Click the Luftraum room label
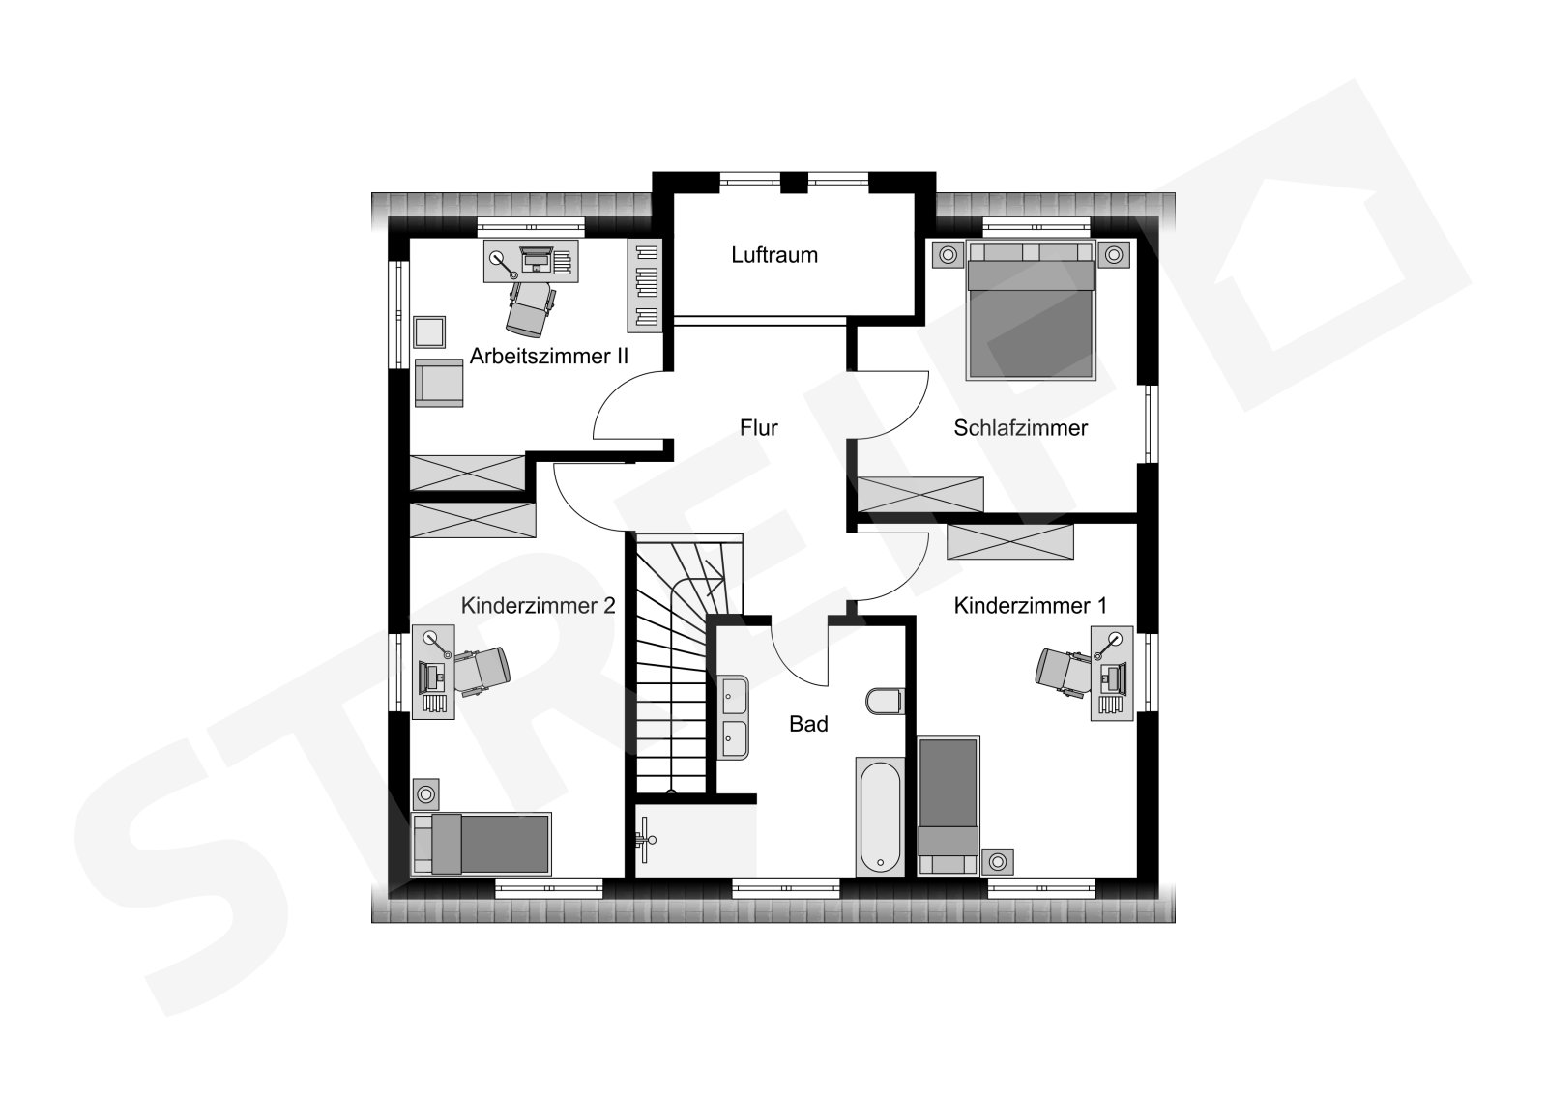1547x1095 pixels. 774,255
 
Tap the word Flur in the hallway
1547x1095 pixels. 758,427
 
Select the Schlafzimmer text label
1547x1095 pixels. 1020,427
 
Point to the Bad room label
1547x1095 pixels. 808,724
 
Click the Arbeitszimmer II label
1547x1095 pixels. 549,356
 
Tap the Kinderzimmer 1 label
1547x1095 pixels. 1030,606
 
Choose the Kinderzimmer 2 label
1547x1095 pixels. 538,606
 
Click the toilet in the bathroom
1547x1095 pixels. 885,701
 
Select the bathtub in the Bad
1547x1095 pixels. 880,817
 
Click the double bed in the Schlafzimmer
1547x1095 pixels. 1031,309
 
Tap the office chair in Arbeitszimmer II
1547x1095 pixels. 530,308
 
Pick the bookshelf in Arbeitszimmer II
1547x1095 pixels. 644,285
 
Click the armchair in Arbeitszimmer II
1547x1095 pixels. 439,383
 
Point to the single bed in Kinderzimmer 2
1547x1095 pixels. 481,844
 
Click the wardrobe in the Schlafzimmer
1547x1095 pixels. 919,494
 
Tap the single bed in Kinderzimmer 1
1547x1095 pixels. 949,806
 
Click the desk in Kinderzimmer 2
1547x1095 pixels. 433,672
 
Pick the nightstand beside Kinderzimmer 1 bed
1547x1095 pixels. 997,862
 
